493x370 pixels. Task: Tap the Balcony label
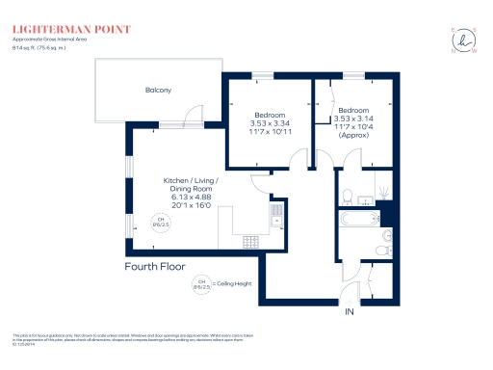coord(159,90)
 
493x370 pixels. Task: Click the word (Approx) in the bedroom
coord(354,135)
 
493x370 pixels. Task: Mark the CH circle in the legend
coord(202,282)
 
